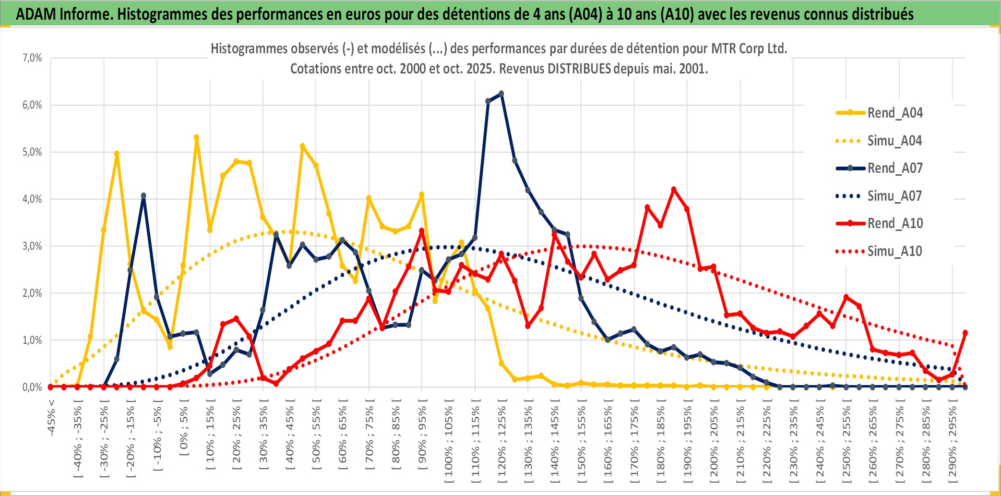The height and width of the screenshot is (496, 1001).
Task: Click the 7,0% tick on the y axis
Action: (x=32, y=58)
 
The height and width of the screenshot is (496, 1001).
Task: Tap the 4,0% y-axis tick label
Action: (x=32, y=199)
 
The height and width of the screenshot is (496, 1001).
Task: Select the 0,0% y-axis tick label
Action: (x=32, y=387)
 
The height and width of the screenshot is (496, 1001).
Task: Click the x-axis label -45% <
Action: (x=51, y=418)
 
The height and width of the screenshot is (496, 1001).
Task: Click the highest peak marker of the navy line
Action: (x=501, y=94)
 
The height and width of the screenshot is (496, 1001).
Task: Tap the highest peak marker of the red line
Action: (x=674, y=190)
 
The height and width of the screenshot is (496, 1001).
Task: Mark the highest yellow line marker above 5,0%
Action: (x=196, y=137)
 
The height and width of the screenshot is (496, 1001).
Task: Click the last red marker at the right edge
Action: (x=965, y=333)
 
